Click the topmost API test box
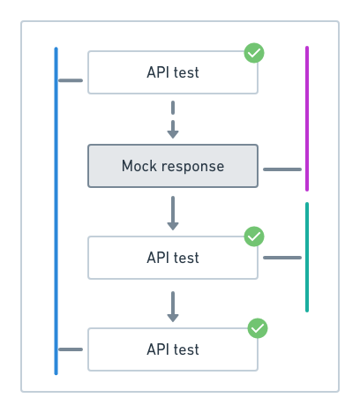coord(173,72)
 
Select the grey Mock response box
coord(173,166)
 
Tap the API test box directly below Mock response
coord(173,258)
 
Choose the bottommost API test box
coord(173,349)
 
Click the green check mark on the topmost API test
coord(254,54)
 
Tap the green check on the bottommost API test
coord(258,328)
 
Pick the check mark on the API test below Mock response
coord(254,237)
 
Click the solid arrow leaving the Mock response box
coord(173,213)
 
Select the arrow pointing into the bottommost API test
coord(173,305)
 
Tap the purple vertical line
coord(306,118)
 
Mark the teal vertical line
coord(306,257)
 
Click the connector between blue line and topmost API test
coord(71,81)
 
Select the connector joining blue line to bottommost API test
coord(71,349)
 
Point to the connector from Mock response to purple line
coord(282,169)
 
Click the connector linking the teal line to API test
coord(282,258)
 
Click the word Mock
coord(139,166)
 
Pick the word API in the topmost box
coord(157,72)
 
